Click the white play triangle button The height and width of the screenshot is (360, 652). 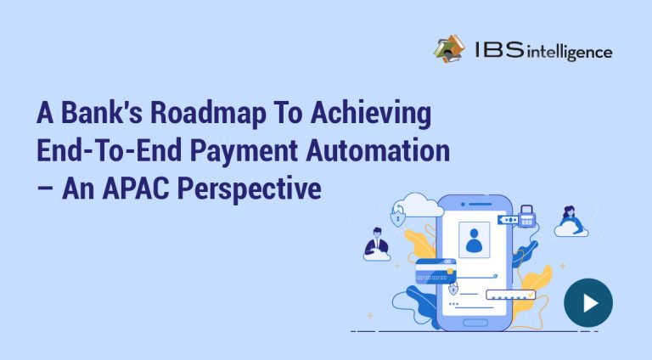pyautogui.click(x=589, y=303)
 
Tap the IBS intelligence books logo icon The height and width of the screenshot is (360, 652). pyautogui.click(x=449, y=49)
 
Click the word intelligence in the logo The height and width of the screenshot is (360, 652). pyautogui.click(x=570, y=52)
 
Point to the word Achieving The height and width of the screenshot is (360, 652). pyautogui.click(x=371, y=113)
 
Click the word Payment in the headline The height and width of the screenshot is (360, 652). pyautogui.click(x=244, y=150)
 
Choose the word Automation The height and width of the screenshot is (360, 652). pyautogui.click(x=378, y=150)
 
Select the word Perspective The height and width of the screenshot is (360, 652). pyautogui.click(x=250, y=189)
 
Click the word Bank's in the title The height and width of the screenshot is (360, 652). pyautogui.click(x=102, y=113)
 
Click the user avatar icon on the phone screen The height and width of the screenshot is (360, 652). pyautogui.click(x=474, y=239)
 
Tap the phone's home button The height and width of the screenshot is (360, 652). pyautogui.click(x=475, y=323)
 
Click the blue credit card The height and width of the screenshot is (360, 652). pyautogui.click(x=436, y=272)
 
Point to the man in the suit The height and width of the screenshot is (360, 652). pyautogui.click(x=376, y=241)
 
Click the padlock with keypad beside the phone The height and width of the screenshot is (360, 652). pyautogui.click(x=526, y=217)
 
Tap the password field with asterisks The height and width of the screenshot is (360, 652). pyautogui.click(x=510, y=295)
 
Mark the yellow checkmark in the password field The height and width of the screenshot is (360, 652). pyautogui.click(x=531, y=294)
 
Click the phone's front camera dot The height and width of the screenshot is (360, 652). pyautogui.click(x=463, y=205)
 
